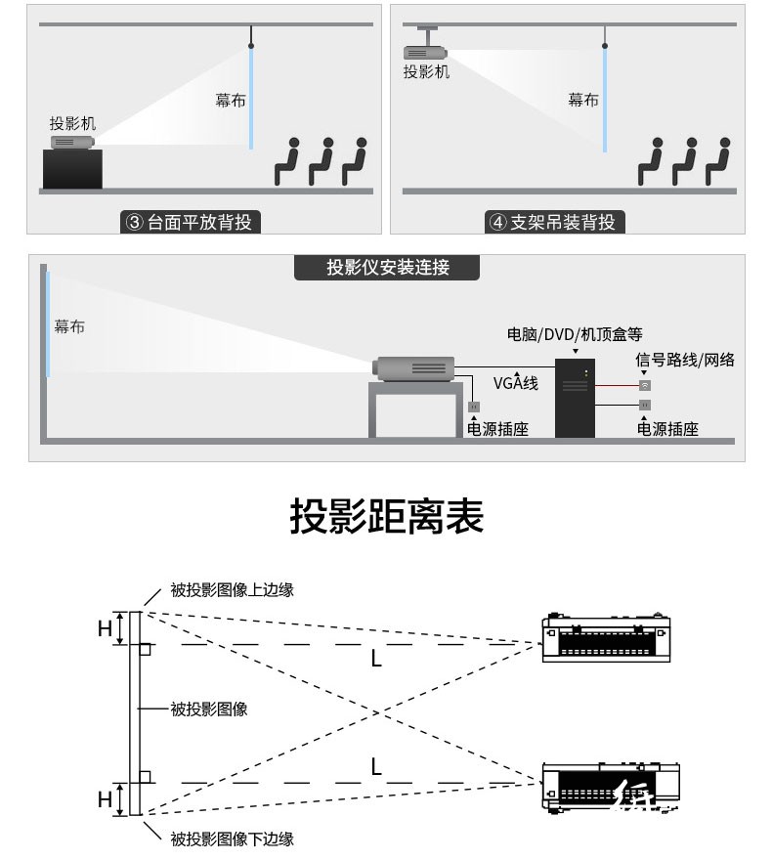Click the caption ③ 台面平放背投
pos(190,222)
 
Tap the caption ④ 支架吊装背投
pos(553,222)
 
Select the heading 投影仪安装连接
pos(388,267)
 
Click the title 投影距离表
pos(387,516)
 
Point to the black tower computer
pos(575,398)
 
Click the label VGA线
pos(515,382)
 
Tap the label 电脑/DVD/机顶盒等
pos(574,334)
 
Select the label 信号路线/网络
pos(685,360)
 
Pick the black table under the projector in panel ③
pos(72,169)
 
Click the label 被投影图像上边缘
pos(232,589)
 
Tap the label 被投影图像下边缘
pos(232,838)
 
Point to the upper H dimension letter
pos(105,628)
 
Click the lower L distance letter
pos(376,766)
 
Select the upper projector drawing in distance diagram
pos(606,637)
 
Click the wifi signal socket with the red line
pos(645,386)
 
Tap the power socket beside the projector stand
pos(474,407)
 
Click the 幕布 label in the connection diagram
pos(69,326)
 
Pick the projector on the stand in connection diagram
pos(413,368)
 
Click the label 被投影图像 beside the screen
pos(209,709)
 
